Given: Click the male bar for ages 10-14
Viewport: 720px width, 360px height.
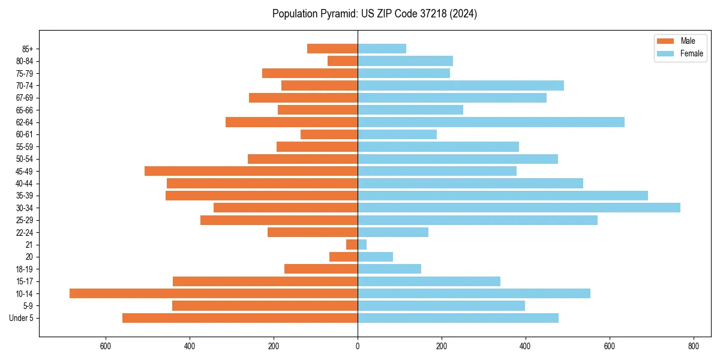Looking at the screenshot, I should click(214, 293).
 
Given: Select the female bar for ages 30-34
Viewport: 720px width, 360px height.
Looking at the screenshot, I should click(519, 208).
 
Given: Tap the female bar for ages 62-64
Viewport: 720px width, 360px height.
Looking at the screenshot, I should click(491, 122).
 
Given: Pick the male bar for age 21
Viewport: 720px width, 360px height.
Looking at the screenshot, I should click(352, 244).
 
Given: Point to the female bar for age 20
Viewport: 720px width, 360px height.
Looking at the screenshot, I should click(375, 257).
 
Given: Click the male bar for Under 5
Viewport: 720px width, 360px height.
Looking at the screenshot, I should click(240, 318).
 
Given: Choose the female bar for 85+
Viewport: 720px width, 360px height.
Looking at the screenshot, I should click(382, 49).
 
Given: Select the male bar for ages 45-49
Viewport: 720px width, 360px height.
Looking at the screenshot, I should click(251, 171).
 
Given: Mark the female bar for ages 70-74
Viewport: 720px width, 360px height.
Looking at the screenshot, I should click(461, 85).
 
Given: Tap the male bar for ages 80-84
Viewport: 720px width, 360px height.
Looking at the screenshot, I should click(343, 61).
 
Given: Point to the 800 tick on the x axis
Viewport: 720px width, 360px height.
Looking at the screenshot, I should click(694, 346).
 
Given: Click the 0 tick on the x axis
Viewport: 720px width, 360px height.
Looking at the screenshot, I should click(358, 346).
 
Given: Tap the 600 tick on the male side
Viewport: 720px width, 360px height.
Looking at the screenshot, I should click(106, 346).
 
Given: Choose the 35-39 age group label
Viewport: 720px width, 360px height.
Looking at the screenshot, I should click(25, 196).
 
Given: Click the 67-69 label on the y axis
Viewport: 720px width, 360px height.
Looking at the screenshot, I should click(25, 98).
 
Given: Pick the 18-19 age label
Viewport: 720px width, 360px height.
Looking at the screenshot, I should click(25, 269).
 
